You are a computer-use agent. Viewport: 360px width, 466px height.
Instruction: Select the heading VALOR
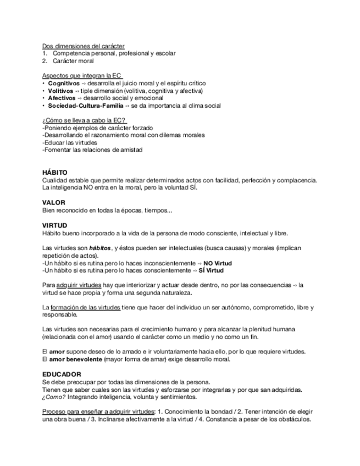click(x=53, y=203)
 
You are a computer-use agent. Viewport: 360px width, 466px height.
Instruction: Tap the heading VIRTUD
click(x=54, y=225)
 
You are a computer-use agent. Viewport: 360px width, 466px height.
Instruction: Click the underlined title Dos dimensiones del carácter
click(x=83, y=46)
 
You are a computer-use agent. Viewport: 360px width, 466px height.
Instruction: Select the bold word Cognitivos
click(x=63, y=83)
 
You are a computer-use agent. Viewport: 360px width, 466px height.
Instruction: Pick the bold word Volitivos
click(x=60, y=91)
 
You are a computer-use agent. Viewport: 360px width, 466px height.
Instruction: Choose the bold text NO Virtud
click(x=218, y=263)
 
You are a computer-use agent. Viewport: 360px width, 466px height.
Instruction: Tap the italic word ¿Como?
click(x=52, y=397)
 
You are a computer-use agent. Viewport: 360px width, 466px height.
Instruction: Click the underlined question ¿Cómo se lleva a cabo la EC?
click(x=84, y=120)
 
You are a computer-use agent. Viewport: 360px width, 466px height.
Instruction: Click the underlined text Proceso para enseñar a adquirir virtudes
click(x=98, y=411)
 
